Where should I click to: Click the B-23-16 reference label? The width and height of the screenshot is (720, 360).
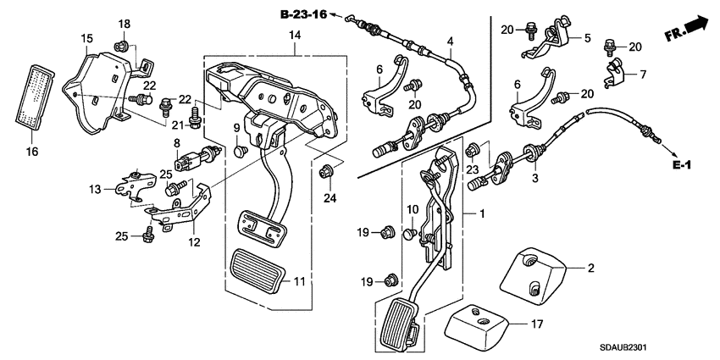click(x=303, y=14)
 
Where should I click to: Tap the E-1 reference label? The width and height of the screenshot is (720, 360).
click(x=682, y=165)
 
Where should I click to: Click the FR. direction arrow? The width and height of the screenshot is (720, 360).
click(x=686, y=29)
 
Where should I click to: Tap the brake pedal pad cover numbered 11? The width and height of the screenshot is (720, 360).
click(x=260, y=272)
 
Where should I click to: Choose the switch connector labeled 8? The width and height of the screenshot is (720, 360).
click(x=194, y=157)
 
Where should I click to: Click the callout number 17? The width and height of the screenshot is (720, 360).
click(x=537, y=324)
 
